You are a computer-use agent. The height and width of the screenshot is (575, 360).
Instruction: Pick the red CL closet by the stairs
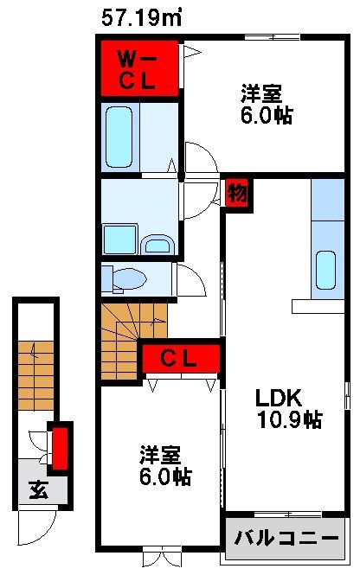click(x=181, y=356)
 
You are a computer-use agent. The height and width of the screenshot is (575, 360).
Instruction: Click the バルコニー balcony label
click(x=286, y=537)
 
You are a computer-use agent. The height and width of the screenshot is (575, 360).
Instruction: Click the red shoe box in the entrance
click(x=60, y=446)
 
